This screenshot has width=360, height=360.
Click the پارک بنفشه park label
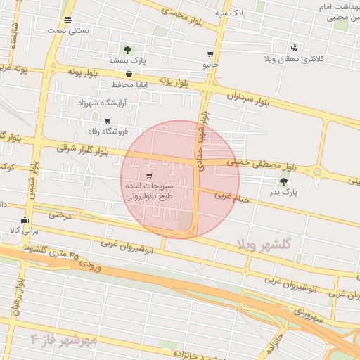pos(127,60)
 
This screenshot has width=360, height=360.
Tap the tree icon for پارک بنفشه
pos(127,50)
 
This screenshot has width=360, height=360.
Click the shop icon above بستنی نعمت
pos(67,20)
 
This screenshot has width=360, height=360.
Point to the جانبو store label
pos(211,65)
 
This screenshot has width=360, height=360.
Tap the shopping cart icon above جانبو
pos(211,54)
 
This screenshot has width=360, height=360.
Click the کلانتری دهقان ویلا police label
pos(293,58)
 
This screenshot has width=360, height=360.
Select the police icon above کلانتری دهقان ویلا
pos(294,48)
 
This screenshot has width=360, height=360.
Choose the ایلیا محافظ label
pos(130,84)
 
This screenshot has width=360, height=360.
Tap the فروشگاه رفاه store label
pos(107,131)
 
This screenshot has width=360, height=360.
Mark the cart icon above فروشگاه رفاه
pos(107,121)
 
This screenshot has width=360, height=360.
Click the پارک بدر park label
pos(285,192)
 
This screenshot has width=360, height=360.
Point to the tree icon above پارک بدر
pos(283,182)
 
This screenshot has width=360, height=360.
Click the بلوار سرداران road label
pos(248,98)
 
